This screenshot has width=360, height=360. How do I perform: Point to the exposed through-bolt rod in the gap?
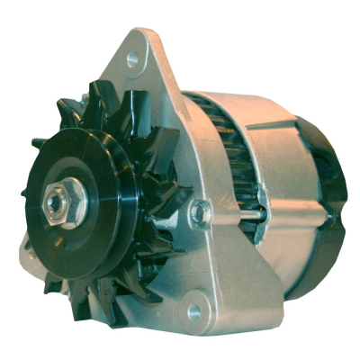click(x=252, y=214)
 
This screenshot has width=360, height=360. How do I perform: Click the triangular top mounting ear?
click(x=144, y=72)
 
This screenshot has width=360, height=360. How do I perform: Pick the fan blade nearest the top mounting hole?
click(x=108, y=99)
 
